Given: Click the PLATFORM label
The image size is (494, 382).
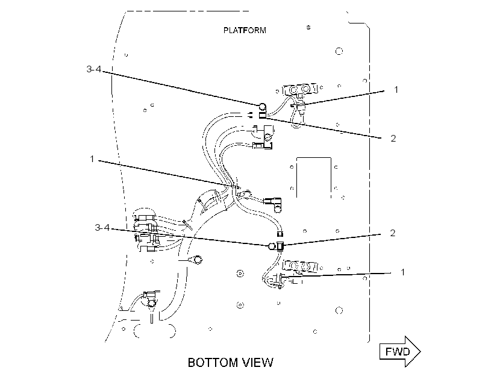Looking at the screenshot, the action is tap(245, 30).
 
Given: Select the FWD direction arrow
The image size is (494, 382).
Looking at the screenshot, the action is tap(400, 351).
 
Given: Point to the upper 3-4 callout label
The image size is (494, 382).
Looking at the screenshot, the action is tap(94, 69).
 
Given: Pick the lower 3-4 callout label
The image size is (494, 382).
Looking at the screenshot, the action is tap(102, 227).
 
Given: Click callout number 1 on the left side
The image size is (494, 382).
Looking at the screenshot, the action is tap(92, 159).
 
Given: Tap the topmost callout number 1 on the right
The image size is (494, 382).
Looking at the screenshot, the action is tap(396, 90).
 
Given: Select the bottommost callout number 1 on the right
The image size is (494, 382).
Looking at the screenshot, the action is tap(402, 272).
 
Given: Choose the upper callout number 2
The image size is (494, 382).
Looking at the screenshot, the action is tap(393, 138).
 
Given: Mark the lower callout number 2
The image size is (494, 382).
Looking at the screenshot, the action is tap(393, 233).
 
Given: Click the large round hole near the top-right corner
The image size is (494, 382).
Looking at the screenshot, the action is tap(339, 51).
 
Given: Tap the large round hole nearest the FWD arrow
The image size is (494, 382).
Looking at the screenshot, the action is tap(339, 310).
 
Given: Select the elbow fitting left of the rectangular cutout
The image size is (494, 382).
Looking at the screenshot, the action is tap(274, 204).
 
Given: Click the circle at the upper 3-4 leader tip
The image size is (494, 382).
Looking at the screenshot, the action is tap(263, 106).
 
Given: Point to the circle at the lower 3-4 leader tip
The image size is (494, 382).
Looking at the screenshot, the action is tap(272, 246).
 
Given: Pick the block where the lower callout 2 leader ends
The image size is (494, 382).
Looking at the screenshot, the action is tap(280, 246).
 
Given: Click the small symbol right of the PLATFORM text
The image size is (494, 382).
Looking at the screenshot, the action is tap(308, 28).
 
